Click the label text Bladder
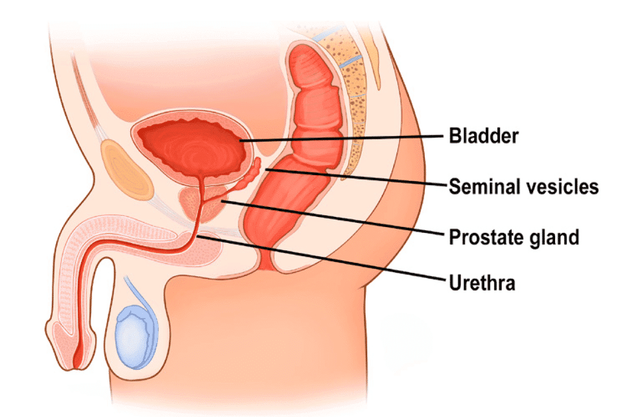(x=484, y=136)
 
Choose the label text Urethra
(x=482, y=283)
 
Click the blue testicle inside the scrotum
(x=133, y=337)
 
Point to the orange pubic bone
(x=125, y=170)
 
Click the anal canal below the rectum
(x=266, y=260)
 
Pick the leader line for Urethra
(x=321, y=258)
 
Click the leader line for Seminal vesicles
(x=356, y=177)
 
